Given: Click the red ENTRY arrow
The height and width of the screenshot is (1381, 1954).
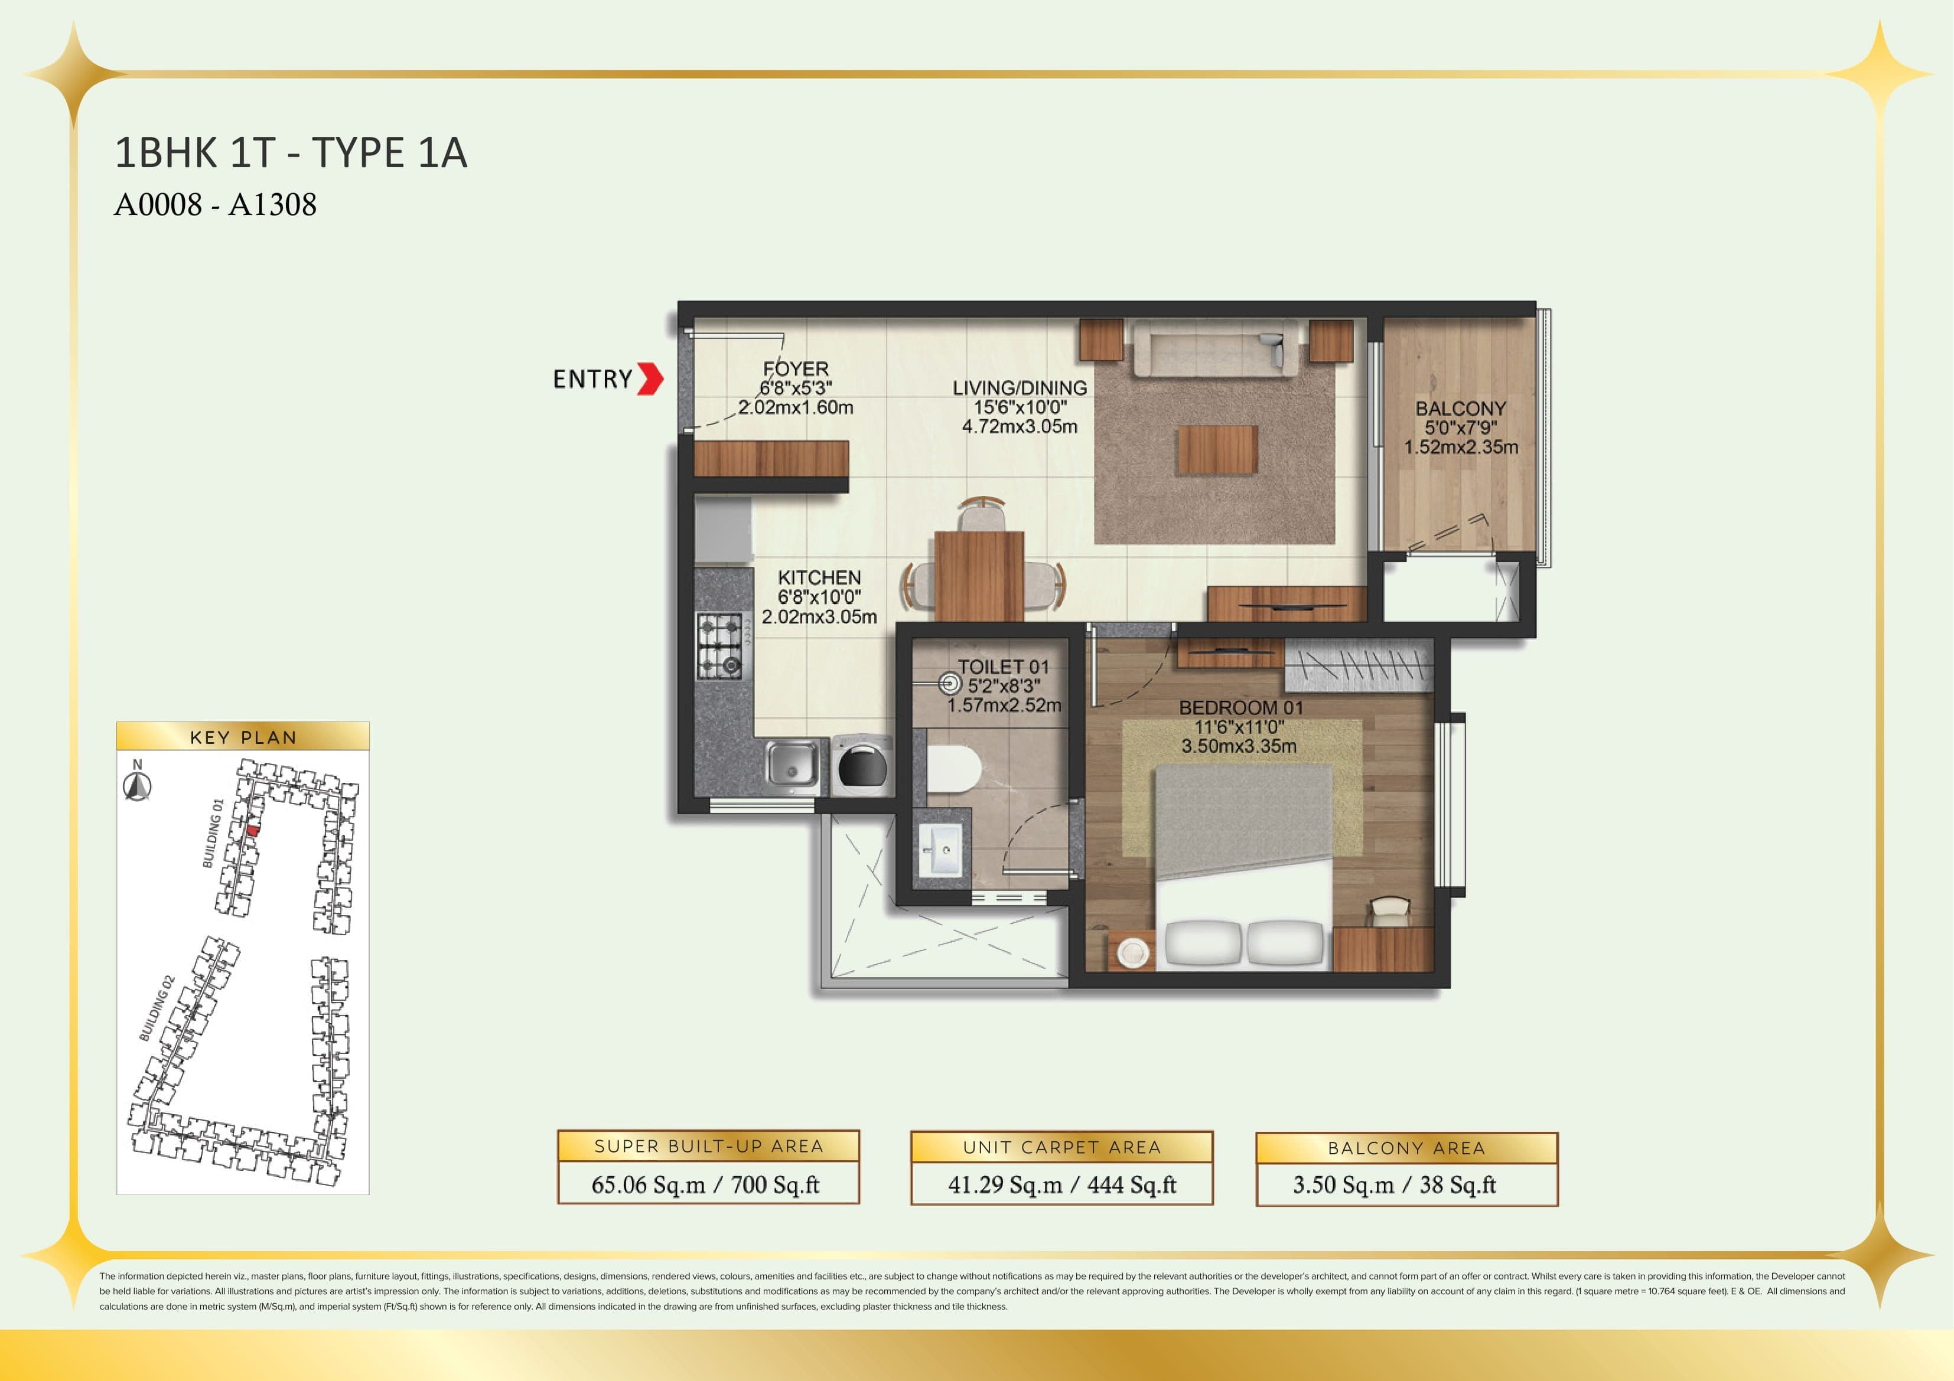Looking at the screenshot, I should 650,378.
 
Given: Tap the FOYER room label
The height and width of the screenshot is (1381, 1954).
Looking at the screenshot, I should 796,369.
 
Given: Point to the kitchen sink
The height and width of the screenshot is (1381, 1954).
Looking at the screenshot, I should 792,763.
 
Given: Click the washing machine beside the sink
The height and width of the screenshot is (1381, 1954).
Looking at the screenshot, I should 861,766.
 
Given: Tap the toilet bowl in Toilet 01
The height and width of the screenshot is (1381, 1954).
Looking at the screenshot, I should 953,769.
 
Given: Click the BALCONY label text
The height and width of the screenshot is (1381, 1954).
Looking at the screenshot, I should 1460,409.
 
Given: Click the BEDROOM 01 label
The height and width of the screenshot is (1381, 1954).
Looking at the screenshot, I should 1241,708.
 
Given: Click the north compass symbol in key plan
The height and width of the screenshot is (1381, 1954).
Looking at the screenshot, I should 137,786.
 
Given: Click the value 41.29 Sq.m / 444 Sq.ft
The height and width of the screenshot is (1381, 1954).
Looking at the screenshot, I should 1061,1184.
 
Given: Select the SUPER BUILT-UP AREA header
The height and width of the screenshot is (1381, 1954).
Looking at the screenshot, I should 708,1146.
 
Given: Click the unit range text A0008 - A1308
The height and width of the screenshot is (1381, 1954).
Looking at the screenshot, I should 216,205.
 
